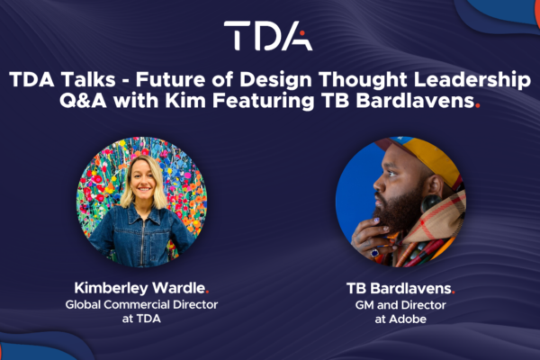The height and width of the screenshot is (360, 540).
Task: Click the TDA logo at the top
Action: pos(268,35)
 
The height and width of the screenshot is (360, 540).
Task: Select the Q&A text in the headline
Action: pos(83,102)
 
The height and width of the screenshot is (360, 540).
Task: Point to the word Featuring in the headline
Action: pos(263,102)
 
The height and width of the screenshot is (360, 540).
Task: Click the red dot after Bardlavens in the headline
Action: pos(477,106)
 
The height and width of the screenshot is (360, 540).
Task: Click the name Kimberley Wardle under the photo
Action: pos(139,288)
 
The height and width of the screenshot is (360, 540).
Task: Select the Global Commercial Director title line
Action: pos(141,304)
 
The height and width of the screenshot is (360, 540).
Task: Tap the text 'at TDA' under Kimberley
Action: pos(141,319)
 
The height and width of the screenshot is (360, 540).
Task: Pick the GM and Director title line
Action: pos(400,305)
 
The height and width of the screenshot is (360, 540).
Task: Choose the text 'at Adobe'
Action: pos(400,319)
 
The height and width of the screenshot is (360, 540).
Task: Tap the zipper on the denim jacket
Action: pos(141,241)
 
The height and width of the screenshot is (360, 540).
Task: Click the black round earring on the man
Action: pos(431,203)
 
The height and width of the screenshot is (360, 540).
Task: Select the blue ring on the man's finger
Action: pos(374,253)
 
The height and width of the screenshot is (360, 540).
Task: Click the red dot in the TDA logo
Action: pos(302,33)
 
